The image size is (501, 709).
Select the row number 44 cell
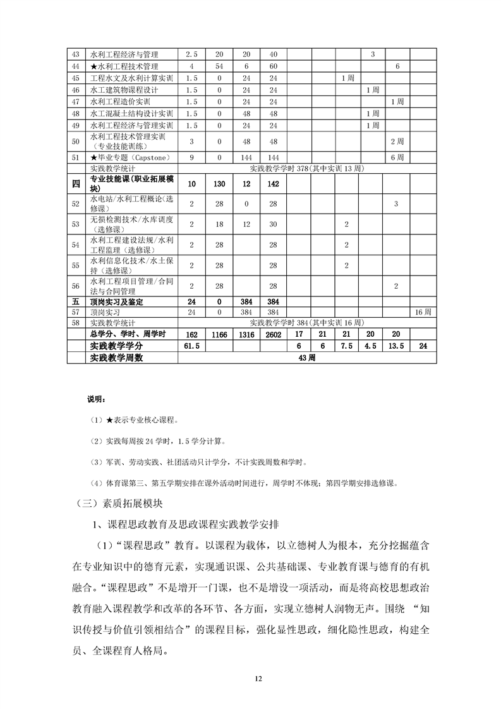pos(76,66)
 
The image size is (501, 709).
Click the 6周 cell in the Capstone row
pos(397,157)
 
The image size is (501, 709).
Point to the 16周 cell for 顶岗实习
pos(423,312)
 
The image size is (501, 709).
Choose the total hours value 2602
pos(273,334)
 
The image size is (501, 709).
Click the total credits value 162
pos(192,334)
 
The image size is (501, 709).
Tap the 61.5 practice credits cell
pos(192,346)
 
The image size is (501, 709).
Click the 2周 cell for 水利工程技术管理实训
pos(397,140)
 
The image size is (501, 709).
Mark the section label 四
pos(76,184)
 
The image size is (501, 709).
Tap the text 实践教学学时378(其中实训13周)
pos(307,169)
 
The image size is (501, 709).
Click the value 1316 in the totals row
pos(246,334)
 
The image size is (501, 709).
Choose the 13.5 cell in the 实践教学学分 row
pos(397,346)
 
